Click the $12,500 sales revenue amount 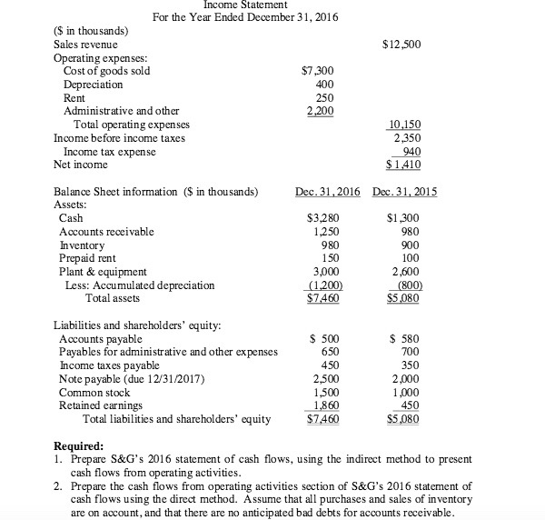[x=403, y=44]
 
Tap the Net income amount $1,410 [x=403, y=165]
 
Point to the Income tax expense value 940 [x=410, y=152]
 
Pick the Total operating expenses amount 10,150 [x=404, y=125]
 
